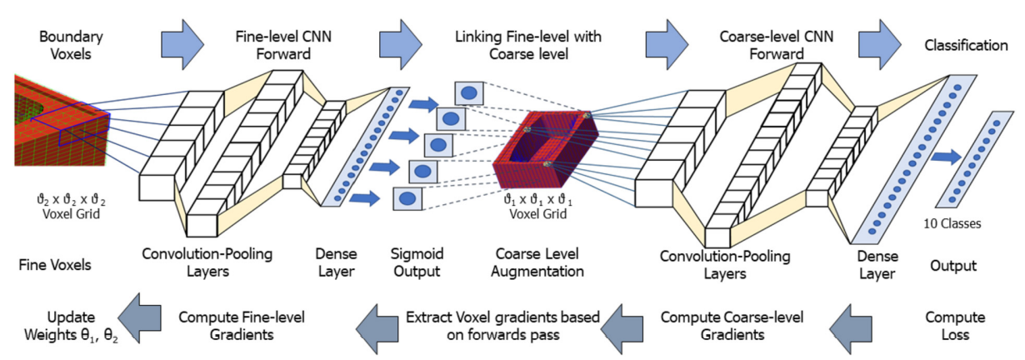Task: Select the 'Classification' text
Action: pos(966,46)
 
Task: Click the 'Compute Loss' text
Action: pos(954,327)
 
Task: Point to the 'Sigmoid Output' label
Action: pos(416,262)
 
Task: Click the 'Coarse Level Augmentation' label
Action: pos(537,262)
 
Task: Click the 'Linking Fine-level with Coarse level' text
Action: pos(528,45)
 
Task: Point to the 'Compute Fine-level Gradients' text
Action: pos(242,327)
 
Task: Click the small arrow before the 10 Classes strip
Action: pos(946,157)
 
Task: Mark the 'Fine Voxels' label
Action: pos(55,266)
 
